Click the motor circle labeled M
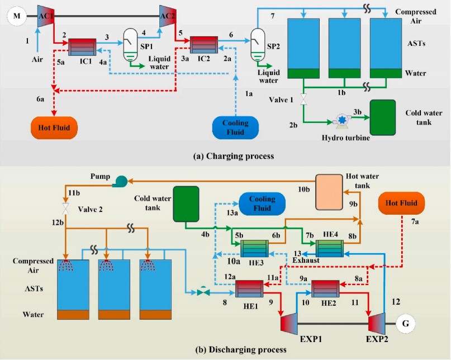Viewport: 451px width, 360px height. click(x=17, y=17)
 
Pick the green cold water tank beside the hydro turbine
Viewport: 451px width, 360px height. click(x=382, y=117)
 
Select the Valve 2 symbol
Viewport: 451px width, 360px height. click(x=66, y=207)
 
